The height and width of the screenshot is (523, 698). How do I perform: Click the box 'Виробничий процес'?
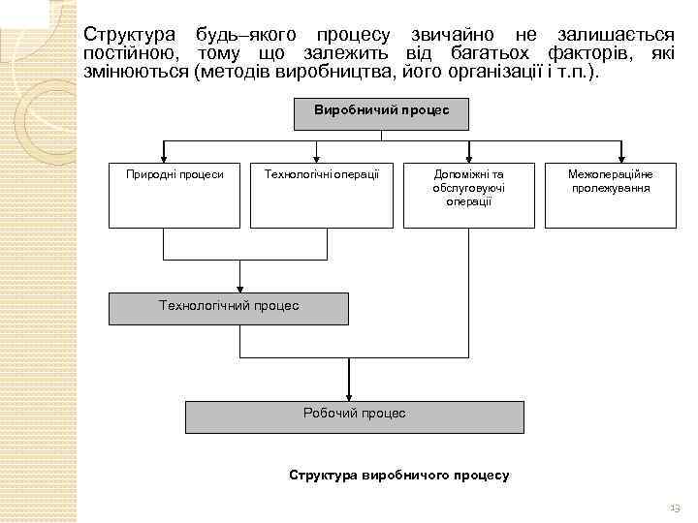382,113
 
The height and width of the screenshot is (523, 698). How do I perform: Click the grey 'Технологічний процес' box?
229,307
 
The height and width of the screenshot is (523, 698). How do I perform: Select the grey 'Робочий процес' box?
355,415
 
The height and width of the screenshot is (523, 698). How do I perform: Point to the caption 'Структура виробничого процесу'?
399,476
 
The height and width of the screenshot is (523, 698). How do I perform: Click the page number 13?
675,508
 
